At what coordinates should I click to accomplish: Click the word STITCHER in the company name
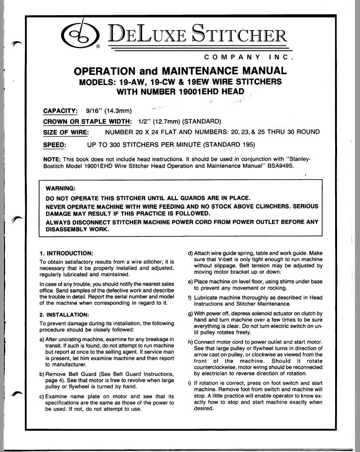pos(239,34)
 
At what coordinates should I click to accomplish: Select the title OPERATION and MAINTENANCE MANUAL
pos(180,71)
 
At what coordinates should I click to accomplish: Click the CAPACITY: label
pos(60,111)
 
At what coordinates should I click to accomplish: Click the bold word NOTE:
pos(51,157)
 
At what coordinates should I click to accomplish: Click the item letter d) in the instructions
pos(190,252)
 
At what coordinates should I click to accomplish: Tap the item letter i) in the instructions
pos(190,384)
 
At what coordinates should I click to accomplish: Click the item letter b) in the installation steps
pos(43,373)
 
